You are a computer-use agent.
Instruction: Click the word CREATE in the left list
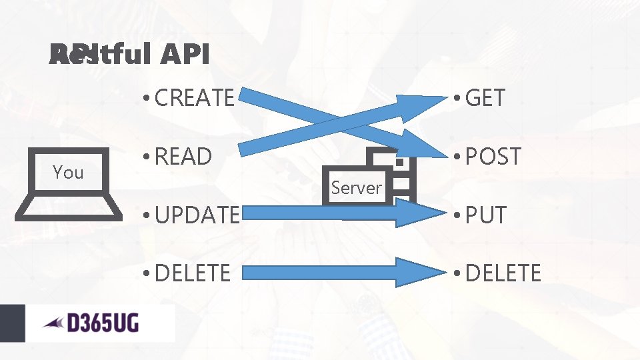click(194, 98)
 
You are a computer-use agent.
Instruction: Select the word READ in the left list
click(183, 157)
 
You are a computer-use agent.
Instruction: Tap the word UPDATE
click(196, 215)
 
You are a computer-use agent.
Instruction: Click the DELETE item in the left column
click(193, 273)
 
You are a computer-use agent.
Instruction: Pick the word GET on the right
click(485, 98)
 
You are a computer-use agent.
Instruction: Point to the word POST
click(493, 157)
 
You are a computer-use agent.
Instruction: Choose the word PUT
click(486, 215)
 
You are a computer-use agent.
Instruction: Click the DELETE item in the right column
click(503, 273)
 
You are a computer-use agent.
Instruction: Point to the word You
click(68, 173)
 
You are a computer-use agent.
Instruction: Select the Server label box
click(356, 187)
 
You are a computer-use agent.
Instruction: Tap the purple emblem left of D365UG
click(53, 324)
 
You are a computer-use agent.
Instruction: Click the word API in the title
click(185, 55)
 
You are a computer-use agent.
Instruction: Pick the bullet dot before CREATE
click(145, 99)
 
